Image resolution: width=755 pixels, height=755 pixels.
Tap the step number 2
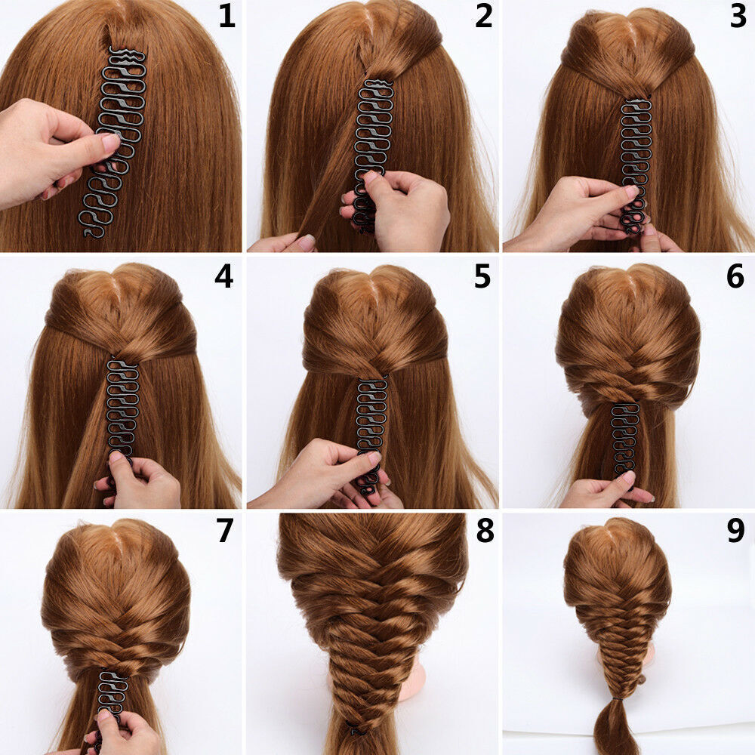[x=483, y=17]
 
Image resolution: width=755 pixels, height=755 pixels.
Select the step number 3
[x=738, y=17]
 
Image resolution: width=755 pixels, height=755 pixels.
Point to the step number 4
[x=223, y=277]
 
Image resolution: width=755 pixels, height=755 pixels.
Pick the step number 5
[x=482, y=277]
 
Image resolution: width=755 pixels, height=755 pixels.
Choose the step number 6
[x=735, y=277]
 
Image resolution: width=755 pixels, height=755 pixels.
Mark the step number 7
[x=224, y=532]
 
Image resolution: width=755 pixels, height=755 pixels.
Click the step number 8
[x=484, y=532]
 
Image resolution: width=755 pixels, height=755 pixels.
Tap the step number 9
[x=735, y=532]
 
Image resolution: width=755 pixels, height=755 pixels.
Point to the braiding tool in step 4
[x=122, y=408]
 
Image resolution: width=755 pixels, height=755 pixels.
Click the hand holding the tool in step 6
[x=604, y=491]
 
